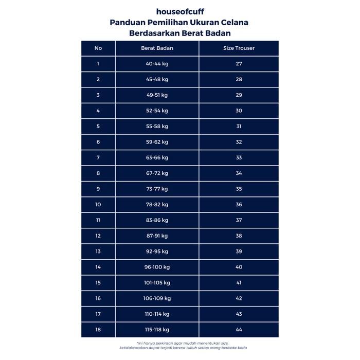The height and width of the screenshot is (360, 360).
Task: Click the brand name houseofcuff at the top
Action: point(179,11)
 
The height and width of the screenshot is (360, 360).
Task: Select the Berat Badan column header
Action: point(157,48)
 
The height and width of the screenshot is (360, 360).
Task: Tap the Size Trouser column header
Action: point(239,48)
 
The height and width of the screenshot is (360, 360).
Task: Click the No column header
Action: point(98,48)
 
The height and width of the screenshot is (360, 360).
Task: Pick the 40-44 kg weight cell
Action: point(157,64)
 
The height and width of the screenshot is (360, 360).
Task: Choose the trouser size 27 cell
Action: point(239,64)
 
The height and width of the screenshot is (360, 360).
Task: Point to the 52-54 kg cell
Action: point(157,111)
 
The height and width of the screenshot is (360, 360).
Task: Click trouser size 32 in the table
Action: point(239,142)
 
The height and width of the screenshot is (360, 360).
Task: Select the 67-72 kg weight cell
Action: point(157,173)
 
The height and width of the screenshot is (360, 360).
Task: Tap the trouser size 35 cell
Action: point(239,189)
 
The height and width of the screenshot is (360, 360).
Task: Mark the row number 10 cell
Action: point(98,205)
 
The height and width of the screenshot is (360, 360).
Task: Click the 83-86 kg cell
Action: point(157,220)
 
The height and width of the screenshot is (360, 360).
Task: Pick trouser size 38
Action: point(239,236)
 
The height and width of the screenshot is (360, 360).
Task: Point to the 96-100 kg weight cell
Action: point(157,267)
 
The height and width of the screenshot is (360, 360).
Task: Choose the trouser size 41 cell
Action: point(239,283)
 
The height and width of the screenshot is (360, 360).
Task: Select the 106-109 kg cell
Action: point(157,299)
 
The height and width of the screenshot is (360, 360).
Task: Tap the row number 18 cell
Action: point(98,330)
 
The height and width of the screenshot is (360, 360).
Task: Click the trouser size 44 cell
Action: point(239,330)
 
